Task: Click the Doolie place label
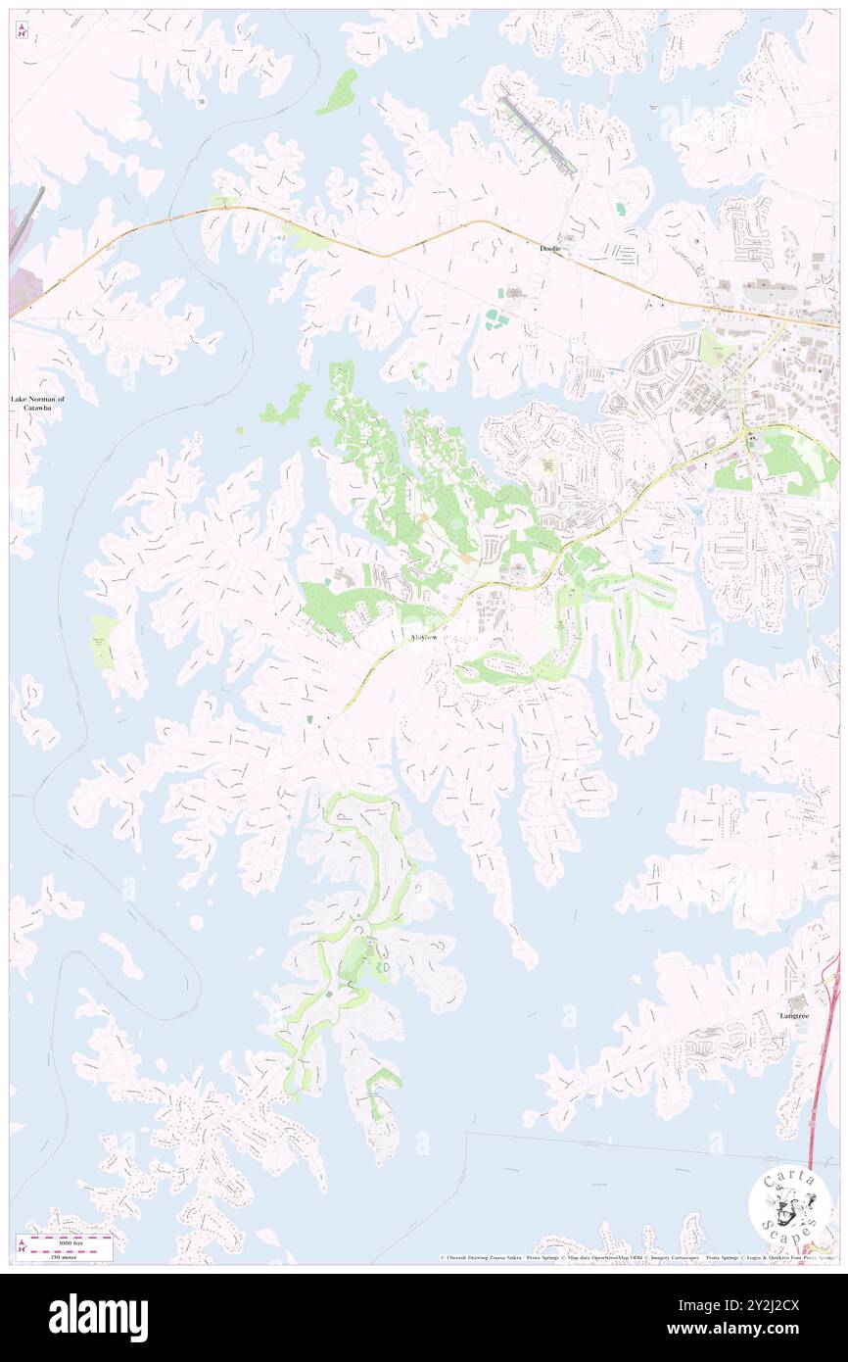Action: tap(551, 249)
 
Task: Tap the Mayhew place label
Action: tap(422, 637)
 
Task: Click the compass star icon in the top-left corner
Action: tap(22, 31)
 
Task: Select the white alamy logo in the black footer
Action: tap(98, 1317)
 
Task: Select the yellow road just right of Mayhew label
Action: tap(460, 615)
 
